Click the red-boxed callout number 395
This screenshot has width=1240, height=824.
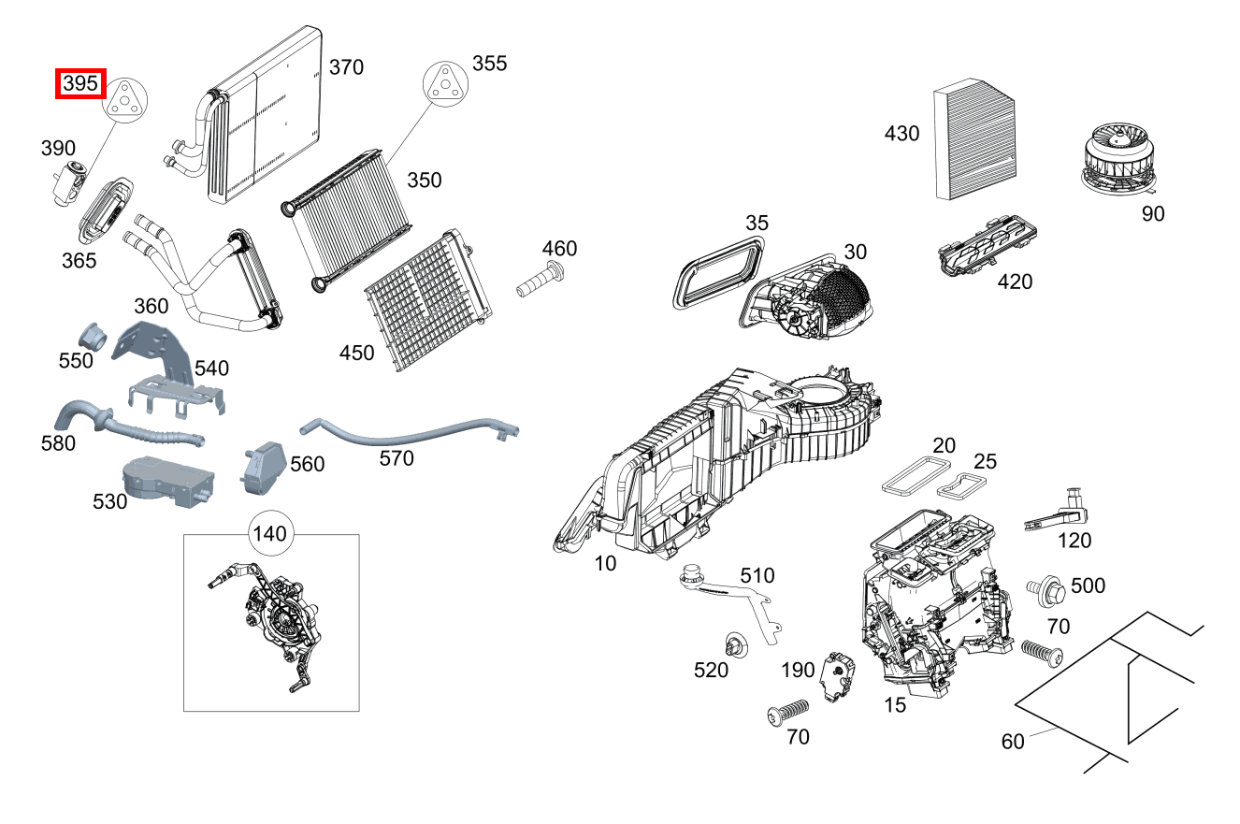(x=80, y=84)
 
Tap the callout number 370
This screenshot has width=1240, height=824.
(x=346, y=67)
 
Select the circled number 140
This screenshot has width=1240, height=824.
(x=269, y=535)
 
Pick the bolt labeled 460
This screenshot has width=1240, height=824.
(x=540, y=280)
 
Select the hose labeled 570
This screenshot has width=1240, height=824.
(x=411, y=434)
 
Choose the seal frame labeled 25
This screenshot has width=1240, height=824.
(x=963, y=484)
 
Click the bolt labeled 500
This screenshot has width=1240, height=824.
(x=1046, y=588)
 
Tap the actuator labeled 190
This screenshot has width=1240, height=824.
(x=837, y=675)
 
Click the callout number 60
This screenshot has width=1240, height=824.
(x=1013, y=741)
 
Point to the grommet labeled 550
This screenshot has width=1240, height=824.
(x=93, y=334)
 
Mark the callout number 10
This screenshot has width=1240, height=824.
(x=605, y=564)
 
